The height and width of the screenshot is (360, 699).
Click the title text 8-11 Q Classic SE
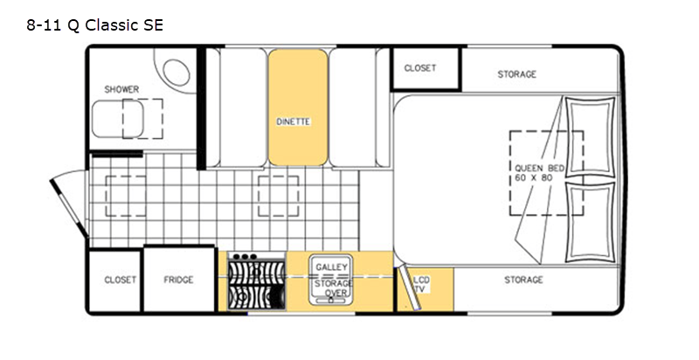coord(95,25)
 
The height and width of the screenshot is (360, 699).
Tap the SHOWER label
coord(121,89)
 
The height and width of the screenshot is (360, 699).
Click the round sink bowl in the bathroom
coord(176,72)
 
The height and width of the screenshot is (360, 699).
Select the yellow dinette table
coord(298,107)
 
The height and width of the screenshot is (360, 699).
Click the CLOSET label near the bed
coord(420,68)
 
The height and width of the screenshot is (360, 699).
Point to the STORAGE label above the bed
coord(517,74)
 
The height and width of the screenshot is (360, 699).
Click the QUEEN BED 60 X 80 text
coord(539,173)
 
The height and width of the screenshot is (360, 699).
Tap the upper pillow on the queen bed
coord(590,137)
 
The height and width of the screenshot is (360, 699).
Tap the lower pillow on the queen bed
coord(590,222)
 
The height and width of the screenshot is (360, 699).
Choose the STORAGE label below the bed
coord(523,280)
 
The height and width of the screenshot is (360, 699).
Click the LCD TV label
coord(421,285)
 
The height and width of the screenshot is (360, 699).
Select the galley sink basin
coord(331,280)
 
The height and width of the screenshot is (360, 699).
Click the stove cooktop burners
coord(256,285)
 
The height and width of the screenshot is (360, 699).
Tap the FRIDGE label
coord(178,280)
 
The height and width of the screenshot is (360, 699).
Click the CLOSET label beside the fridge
coord(120,280)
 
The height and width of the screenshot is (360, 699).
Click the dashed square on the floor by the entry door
coord(126,196)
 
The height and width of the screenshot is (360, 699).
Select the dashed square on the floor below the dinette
coord(278,196)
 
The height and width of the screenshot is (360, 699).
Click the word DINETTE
coord(294,121)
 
